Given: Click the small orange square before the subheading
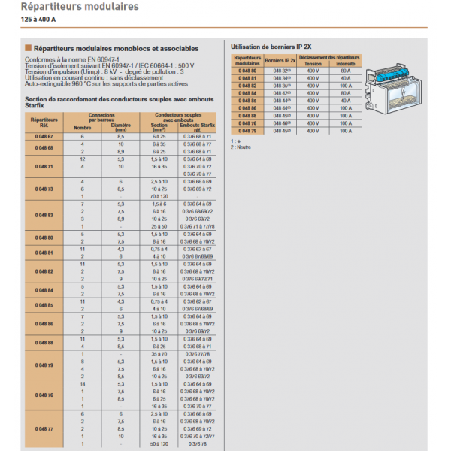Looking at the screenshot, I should (28, 48).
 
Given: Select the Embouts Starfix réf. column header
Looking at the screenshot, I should (198, 126).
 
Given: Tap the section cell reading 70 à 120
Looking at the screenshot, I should (159, 197).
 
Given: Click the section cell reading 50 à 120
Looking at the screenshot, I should (159, 444).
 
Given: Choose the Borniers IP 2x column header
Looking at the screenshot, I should (280, 59).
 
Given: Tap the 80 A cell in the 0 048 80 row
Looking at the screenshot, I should (345, 71).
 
